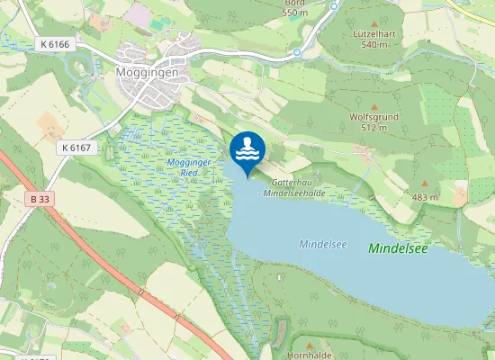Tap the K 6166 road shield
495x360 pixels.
coord(54,44)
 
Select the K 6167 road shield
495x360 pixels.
coord(78,147)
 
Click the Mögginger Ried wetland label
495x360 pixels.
coord(189,166)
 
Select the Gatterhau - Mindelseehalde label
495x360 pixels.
coord(291,187)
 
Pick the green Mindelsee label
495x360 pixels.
coord(397,248)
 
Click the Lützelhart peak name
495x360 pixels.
coord(373,33)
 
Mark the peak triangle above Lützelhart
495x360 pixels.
coord(374,21)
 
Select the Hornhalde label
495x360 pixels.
coord(309,355)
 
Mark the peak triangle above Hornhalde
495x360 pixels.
coord(310,344)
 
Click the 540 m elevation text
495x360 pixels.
coord(373,44)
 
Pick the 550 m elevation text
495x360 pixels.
coord(294,13)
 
